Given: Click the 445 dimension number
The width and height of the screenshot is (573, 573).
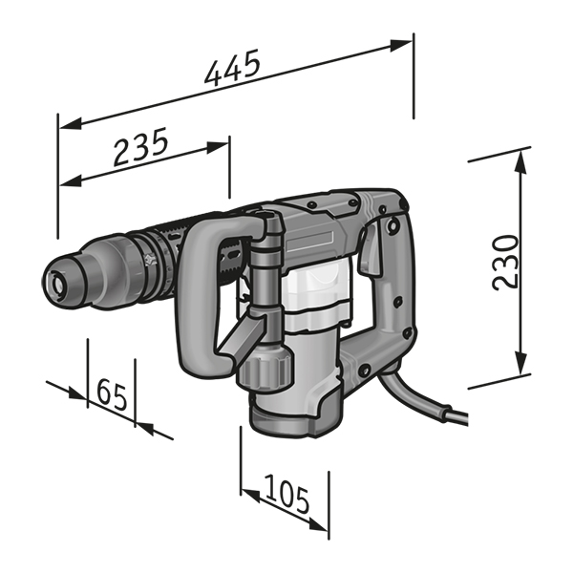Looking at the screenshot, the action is pyautogui.click(x=232, y=69).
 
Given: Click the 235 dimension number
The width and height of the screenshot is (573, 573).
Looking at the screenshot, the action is pyautogui.click(x=140, y=146).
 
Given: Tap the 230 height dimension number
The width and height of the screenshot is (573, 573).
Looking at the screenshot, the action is pyautogui.click(x=505, y=262).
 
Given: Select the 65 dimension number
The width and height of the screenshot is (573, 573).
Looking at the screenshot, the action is pyautogui.click(x=112, y=394).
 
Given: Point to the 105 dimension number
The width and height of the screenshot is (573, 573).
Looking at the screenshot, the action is pyautogui.click(x=287, y=494).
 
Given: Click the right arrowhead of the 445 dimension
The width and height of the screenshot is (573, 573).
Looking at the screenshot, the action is pyautogui.click(x=401, y=45).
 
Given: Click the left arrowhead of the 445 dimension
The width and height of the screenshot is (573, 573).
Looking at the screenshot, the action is pyautogui.click(x=70, y=124).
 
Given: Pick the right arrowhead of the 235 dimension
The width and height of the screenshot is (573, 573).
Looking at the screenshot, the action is pyautogui.click(x=218, y=146).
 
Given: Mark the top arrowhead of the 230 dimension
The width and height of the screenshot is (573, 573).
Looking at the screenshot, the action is pyautogui.click(x=520, y=162).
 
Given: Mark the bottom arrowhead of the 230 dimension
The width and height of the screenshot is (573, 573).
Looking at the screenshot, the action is pyautogui.click(x=520, y=363).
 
